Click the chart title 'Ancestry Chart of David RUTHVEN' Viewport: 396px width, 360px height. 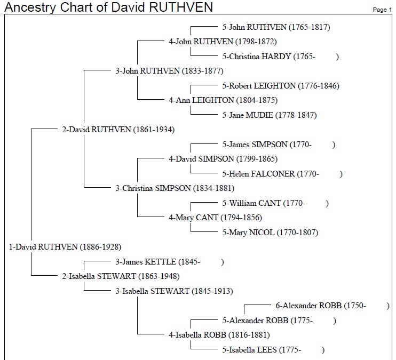click(x=108, y=7)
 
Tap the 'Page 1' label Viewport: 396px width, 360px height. click(x=382, y=10)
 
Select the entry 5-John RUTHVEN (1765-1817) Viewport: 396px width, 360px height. click(x=276, y=27)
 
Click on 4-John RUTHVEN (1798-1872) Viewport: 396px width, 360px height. click(x=223, y=42)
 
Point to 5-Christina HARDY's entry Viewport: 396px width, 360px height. click(x=280, y=57)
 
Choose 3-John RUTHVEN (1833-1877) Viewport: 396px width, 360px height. click(x=170, y=71)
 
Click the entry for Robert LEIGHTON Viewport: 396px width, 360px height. click(x=281, y=86)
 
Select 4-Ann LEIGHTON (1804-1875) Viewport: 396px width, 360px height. click(x=223, y=100)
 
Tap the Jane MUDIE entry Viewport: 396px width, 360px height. click(x=270, y=115)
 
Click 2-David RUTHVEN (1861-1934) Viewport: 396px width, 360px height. click(x=118, y=130)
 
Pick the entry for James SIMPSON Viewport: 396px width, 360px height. click(x=279, y=145)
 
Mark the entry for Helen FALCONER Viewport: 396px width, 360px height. click(x=282, y=174)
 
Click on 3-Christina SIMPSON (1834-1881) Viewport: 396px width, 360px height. click(x=175, y=188)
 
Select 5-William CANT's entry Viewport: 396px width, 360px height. click(x=275, y=203)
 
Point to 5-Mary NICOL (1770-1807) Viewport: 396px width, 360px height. click(x=270, y=232)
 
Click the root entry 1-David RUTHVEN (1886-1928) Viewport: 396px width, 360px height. click(x=65, y=246)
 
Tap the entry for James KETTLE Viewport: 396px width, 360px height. click(x=170, y=262)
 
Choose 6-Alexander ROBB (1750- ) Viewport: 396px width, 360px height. click(x=332, y=306)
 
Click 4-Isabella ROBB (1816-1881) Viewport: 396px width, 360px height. click(x=219, y=335)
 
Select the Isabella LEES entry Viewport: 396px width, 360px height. click(x=273, y=350)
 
